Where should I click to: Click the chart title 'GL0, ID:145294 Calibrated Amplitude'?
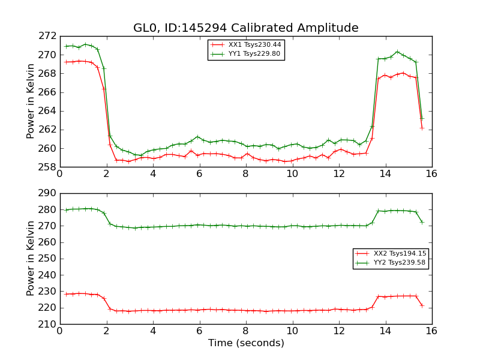point(245,28)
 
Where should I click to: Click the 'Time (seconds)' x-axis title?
point(246,343)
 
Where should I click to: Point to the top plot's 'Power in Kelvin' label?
point(31,101)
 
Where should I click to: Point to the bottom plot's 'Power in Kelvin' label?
point(31,259)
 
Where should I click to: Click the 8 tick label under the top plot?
point(245,173)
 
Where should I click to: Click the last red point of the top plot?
point(422,127)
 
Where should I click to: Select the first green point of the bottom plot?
point(66,210)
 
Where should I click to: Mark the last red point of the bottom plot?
point(422,305)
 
